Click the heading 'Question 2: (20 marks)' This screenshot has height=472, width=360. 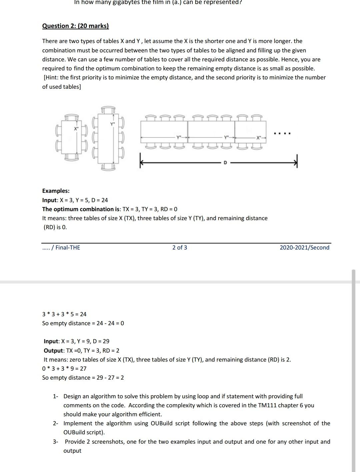pyautogui.click(x=75, y=26)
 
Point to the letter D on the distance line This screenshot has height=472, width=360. pyautogui.click(x=225, y=163)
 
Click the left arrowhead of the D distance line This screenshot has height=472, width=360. pyautogui.click(x=141, y=163)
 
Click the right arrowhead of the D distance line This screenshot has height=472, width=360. pyautogui.click(x=295, y=163)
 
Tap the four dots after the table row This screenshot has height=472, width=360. pyautogui.click(x=282, y=134)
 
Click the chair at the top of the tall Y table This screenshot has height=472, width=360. pyautogui.click(x=108, y=110)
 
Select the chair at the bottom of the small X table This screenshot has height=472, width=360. pyautogui.click(x=71, y=157)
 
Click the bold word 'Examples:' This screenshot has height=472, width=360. pyautogui.click(x=56, y=191)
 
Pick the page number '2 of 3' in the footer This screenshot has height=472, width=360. pyautogui.click(x=180, y=248)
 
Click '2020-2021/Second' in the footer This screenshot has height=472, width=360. pyautogui.click(x=304, y=248)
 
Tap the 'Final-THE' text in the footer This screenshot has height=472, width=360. pyautogui.click(x=68, y=248)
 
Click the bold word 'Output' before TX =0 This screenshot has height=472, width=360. pyautogui.click(x=53, y=351)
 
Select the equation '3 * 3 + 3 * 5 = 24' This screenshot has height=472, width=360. pyautogui.click(x=64, y=314)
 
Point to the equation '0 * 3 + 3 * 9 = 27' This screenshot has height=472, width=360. pyautogui.click(x=64, y=369)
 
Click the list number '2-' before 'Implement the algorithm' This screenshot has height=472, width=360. pyautogui.click(x=55, y=423)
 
